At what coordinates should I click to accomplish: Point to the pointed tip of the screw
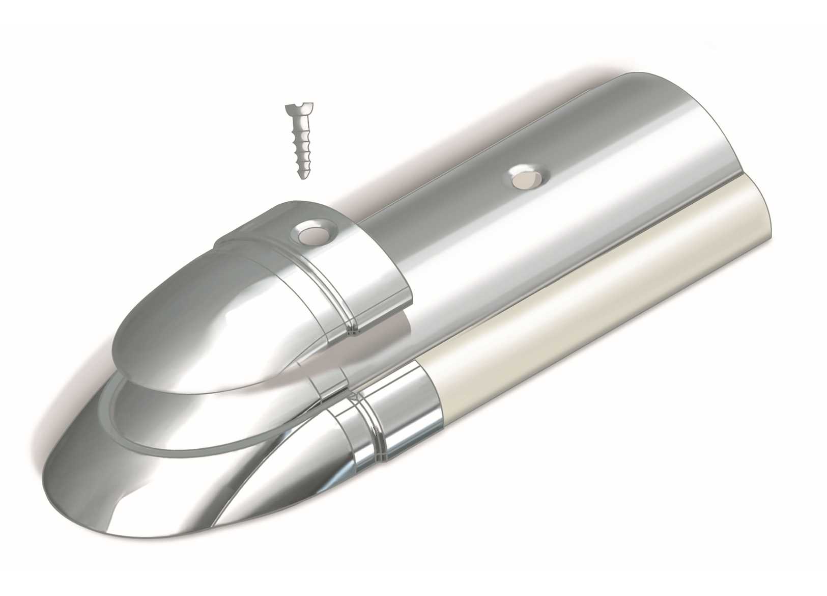pos(302,175)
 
